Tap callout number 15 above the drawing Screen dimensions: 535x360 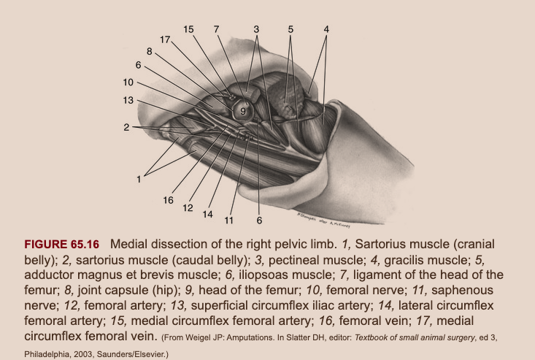[189, 29]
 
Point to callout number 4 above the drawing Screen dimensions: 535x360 [326, 29]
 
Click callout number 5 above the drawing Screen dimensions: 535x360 [290, 29]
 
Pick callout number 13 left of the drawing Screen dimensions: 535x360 [128, 100]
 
